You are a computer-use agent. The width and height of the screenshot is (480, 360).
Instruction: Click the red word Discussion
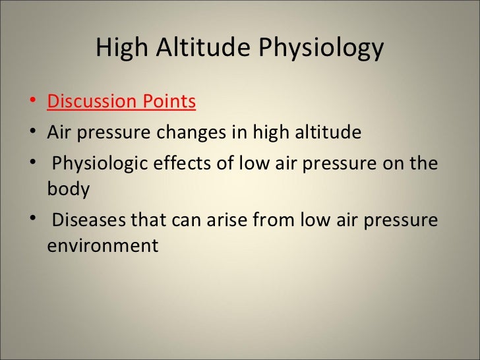93,102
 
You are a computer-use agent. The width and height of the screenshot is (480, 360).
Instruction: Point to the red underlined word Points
170,102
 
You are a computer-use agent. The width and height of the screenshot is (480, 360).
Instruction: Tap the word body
68,190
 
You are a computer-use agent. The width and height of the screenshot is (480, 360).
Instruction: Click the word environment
103,246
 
